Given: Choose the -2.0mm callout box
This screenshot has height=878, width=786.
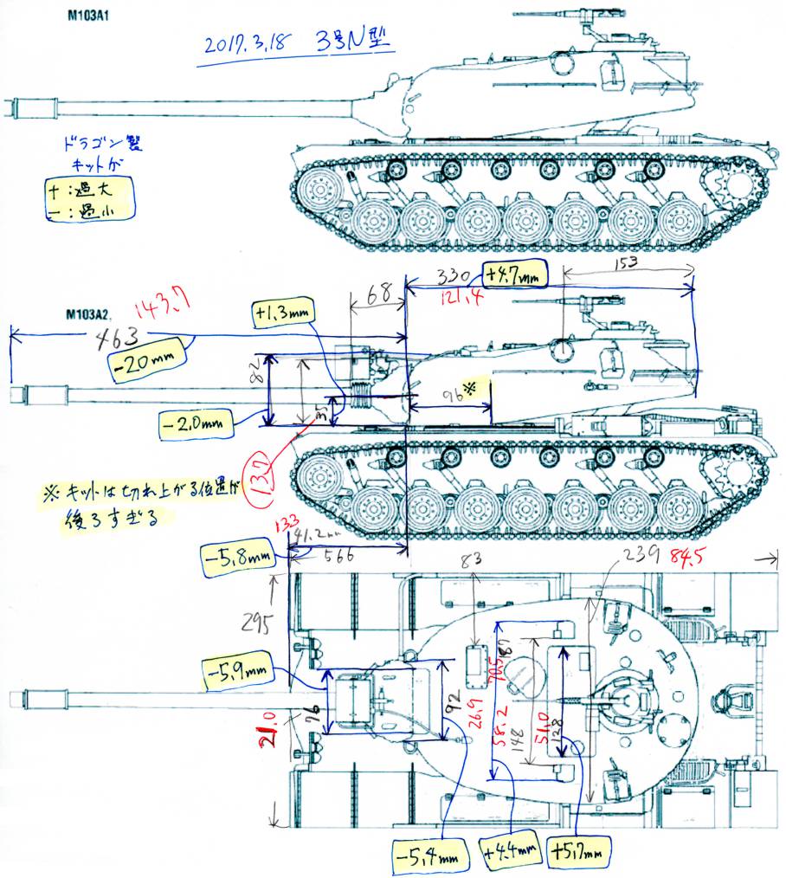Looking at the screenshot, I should pyautogui.click(x=196, y=424).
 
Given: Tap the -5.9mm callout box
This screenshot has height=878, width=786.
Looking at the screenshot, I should pyautogui.click(x=238, y=674).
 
